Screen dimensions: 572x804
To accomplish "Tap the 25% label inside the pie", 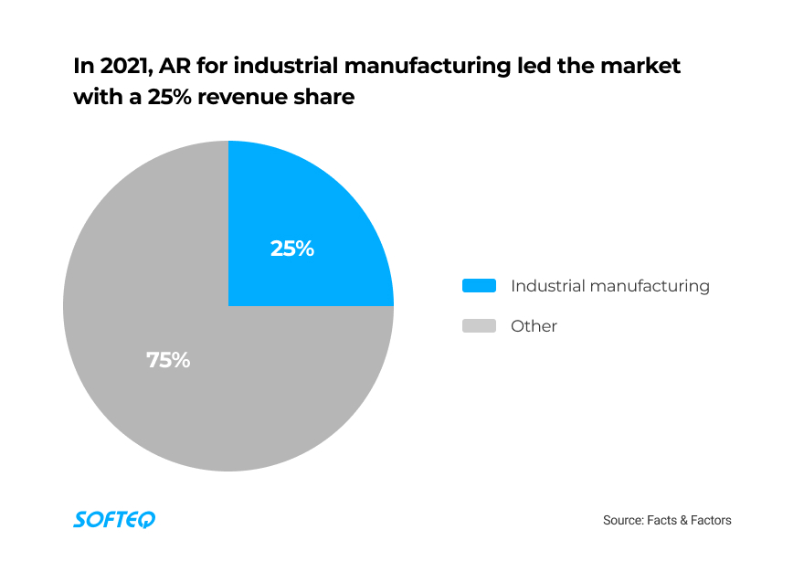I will (x=292, y=249).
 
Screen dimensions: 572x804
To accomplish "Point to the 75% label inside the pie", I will (x=168, y=360).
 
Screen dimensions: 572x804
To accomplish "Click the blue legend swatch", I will (x=479, y=286).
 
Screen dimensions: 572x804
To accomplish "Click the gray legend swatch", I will (x=479, y=326).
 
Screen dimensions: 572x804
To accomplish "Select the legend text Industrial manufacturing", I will (x=609, y=286).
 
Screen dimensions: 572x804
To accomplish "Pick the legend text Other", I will (x=534, y=326).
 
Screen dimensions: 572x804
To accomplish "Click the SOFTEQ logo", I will (x=114, y=520).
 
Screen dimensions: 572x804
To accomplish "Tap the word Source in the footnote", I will (x=622, y=521).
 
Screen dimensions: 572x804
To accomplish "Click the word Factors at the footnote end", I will (x=710, y=521).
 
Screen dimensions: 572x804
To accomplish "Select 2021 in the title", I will (x=124, y=68).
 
